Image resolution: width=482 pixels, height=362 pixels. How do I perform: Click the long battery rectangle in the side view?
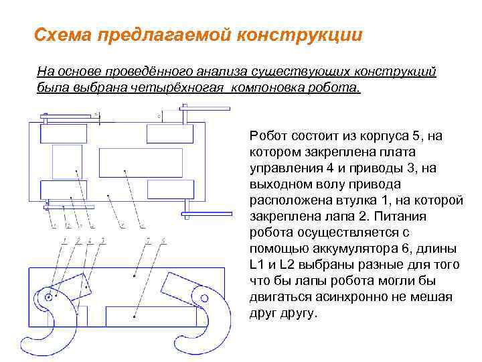click(133, 318)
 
